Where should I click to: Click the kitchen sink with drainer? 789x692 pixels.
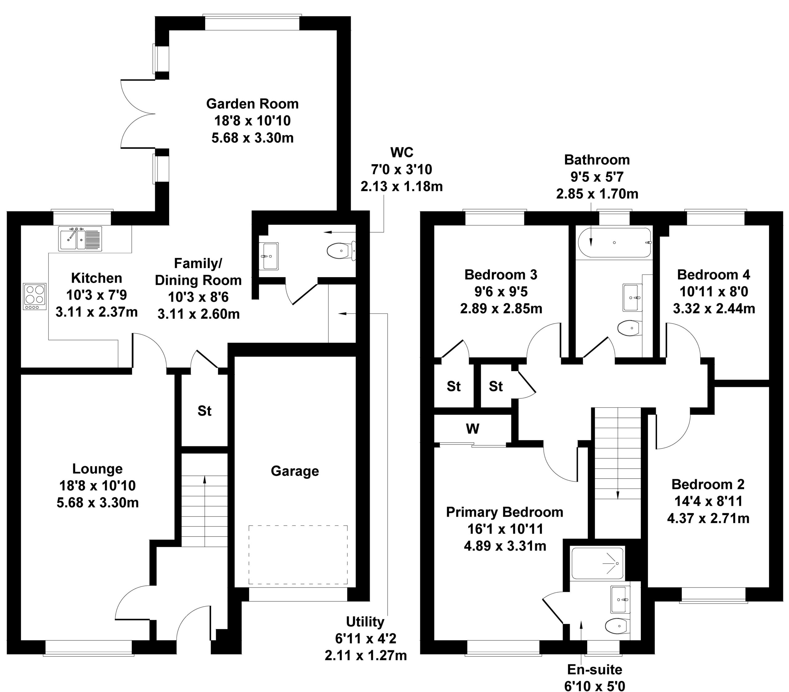point(80,239)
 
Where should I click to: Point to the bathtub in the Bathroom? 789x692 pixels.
point(614,243)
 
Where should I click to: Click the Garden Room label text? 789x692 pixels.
point(252,104)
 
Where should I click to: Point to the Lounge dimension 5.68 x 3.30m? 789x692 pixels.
point(98,503)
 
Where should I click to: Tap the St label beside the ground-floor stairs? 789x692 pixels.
point(205,411)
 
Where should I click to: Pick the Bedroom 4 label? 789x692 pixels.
point(714,275)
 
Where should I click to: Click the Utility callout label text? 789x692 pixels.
point(365,622)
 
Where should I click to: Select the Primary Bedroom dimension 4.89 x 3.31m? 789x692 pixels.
point(505,546)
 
